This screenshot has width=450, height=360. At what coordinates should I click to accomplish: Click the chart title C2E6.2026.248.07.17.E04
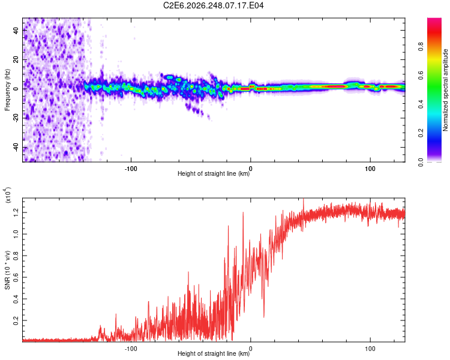click(x=213, y=5)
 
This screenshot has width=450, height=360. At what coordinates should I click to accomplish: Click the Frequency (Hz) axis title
click(x=7, y=90)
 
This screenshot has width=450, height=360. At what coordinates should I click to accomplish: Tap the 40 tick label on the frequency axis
click(x=16, y=30)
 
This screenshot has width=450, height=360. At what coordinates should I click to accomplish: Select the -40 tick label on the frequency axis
click(x=16, y=147)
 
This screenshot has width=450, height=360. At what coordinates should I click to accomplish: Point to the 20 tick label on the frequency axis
click(x=16, y=59)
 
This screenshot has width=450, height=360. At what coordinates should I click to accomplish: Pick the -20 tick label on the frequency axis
click(x=16, y=118)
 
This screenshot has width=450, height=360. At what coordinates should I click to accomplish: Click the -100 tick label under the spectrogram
click(x=131, y=169)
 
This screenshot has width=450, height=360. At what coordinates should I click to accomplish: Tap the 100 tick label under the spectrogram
click(x=370, y=169)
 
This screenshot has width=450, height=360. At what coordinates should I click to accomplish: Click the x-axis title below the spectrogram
click(x=214, y=173)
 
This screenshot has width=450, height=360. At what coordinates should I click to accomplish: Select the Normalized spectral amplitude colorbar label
click(x=445, y=90)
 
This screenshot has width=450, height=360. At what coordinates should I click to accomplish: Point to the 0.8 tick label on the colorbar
click(x=421, y=46)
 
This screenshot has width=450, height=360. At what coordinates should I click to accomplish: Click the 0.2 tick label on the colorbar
click(x=421, y=133)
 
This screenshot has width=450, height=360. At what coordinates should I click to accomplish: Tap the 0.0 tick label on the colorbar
click(x=421, y=162)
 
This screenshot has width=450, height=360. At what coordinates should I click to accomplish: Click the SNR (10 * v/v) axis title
click(x=7, y=270)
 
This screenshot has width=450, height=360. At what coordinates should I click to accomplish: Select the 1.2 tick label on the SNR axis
click(x=16, y=212)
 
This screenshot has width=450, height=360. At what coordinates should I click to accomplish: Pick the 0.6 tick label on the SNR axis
click(x=16, y=277)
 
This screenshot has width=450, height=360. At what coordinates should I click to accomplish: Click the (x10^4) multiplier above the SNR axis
click(x=8, y=195)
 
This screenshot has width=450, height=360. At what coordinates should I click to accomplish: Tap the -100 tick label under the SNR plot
click(x=131, y=349)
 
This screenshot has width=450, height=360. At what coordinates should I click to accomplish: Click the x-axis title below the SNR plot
click(x=214, y=353)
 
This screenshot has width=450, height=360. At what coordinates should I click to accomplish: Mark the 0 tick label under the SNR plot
click(x=251, y=349)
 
